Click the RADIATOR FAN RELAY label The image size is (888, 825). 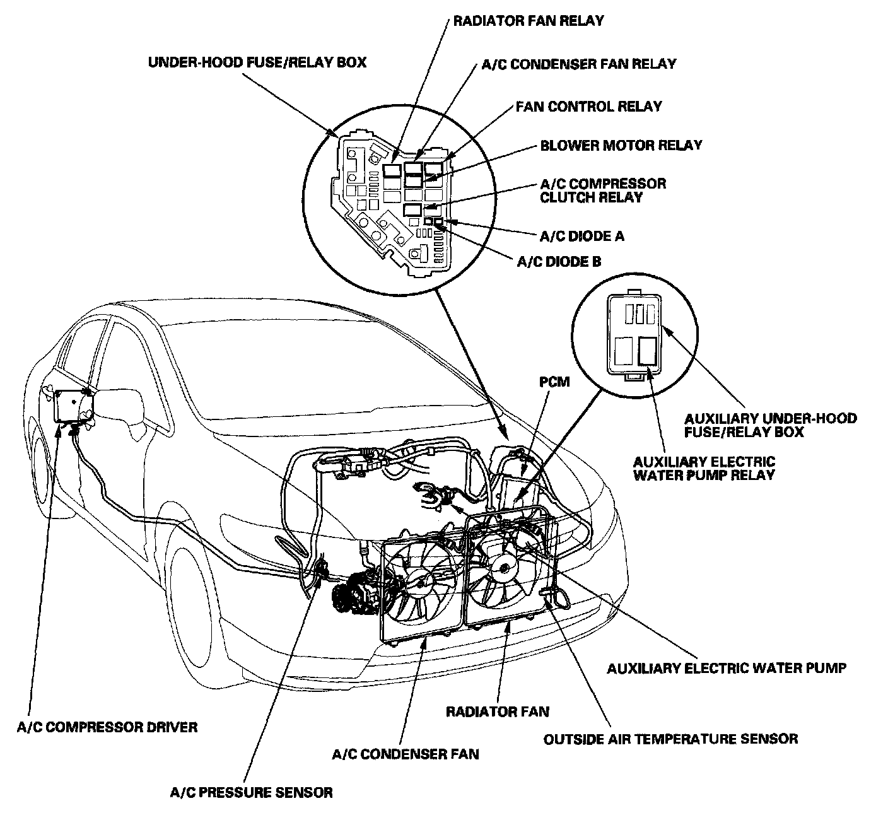[529, 21]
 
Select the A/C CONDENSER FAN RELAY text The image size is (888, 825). [578, 64]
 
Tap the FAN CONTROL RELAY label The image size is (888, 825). [589, 106]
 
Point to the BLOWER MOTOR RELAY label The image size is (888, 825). [621, 145]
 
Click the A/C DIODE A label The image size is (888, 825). [582, 236]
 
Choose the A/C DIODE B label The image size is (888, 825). [559, 262]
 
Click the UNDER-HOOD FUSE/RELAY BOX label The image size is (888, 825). [257, 62]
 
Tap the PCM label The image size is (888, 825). [554, 382]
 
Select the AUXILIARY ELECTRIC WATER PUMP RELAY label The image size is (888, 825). [704, 469]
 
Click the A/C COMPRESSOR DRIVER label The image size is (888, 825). [107, 727]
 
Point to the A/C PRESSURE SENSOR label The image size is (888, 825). [251, 792]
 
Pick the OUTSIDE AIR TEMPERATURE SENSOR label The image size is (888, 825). [670, 739]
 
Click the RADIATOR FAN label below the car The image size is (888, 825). [498, 712]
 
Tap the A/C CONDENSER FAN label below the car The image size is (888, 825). [405, 754]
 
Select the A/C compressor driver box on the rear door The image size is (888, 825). [74, 406]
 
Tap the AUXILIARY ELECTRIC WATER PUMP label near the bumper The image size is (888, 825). [726, 668]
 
